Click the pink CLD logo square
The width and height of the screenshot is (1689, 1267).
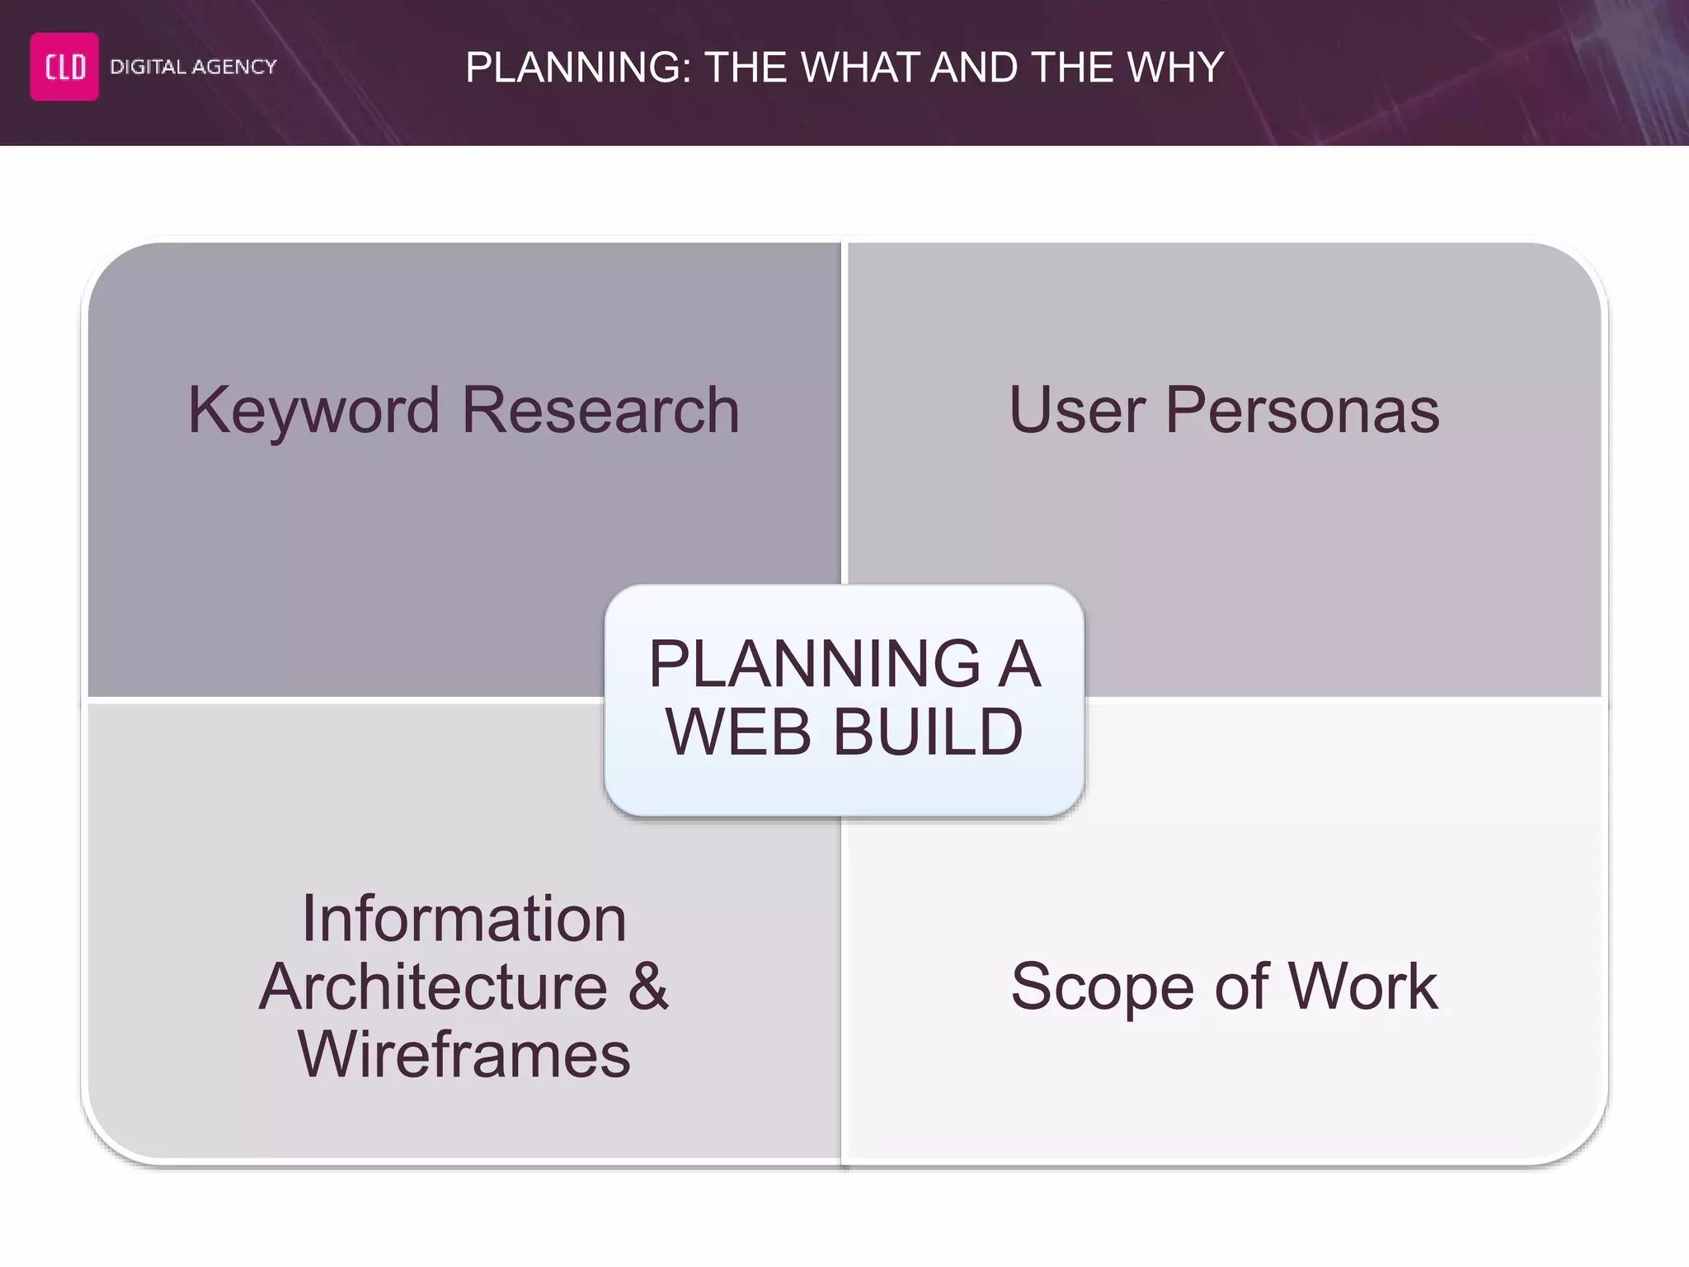(64, 67)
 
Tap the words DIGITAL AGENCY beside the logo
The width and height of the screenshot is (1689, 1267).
(193, 67)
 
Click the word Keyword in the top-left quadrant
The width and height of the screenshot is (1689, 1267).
(313, 411)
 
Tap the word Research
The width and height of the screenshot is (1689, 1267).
(600, 411)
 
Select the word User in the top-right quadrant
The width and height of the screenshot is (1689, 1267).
(1076, 411)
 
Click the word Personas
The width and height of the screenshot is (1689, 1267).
(1302, 411)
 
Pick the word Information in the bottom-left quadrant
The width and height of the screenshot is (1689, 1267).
(464, 919)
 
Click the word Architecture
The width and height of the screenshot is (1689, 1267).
(434, 987)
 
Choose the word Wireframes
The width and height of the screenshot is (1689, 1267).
(464, 1055)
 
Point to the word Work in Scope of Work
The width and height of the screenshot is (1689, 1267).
(1362, 987)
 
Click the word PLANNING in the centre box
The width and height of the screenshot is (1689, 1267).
(815, 664)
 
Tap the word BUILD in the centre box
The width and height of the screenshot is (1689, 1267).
(928, 732)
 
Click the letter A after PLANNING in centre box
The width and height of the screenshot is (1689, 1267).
(1019, 664)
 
